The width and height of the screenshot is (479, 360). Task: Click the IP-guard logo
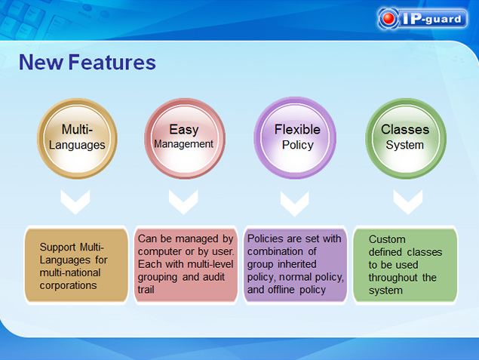point(422,19)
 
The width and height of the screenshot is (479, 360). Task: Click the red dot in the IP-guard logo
point(389,18)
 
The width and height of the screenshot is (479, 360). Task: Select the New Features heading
point(88,63)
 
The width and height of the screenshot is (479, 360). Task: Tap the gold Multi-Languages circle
point(77,138)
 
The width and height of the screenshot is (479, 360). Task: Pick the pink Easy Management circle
point(185,138)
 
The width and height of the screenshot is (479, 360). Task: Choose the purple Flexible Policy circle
point(295,138)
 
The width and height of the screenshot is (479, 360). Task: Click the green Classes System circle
point(406,138)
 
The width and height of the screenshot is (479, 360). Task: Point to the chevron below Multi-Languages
point(75,202)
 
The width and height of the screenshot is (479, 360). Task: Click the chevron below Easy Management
point(183,202)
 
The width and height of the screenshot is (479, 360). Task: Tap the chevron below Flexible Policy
point(294,204)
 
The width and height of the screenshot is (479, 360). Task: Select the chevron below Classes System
point(408,202)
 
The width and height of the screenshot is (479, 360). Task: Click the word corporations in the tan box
point(68,285)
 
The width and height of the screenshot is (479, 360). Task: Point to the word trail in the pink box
point(146,289)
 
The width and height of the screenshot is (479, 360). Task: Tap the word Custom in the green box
point(387,239)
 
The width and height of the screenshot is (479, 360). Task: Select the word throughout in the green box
point(393,278)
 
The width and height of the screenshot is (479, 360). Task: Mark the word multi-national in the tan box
point(70,272)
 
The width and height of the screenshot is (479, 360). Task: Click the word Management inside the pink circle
point(183,144)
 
